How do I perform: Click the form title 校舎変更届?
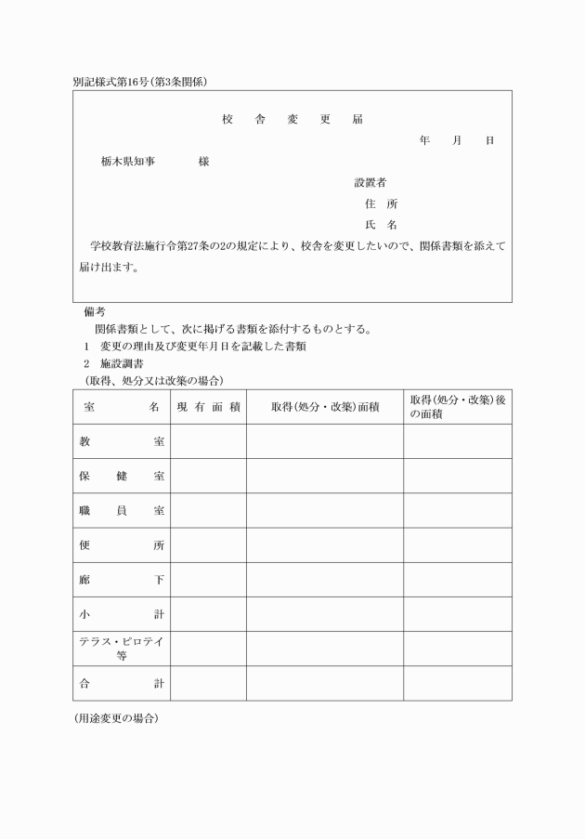point(292,120)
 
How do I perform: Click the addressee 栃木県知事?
point(128,162)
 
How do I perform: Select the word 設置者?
point(370,182)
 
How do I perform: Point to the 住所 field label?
point(381,203)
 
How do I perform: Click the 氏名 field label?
point(381,225)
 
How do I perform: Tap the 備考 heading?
point(95,312)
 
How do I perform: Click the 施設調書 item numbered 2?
point(122,363)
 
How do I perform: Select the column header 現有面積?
point(209,407)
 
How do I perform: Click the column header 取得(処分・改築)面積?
point(325,407)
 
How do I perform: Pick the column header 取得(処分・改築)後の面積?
point(457,407)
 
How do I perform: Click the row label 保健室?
point(122,477)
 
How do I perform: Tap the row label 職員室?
point(122,511)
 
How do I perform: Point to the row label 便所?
point(122,545)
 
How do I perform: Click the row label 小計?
point(122,614)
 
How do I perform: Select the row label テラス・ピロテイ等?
point(122,649)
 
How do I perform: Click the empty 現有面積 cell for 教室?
point(208,441)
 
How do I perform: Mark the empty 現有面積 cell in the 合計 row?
point(208,684)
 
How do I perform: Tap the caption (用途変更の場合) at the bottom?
point(116,719)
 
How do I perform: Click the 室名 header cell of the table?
point(122,407)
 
